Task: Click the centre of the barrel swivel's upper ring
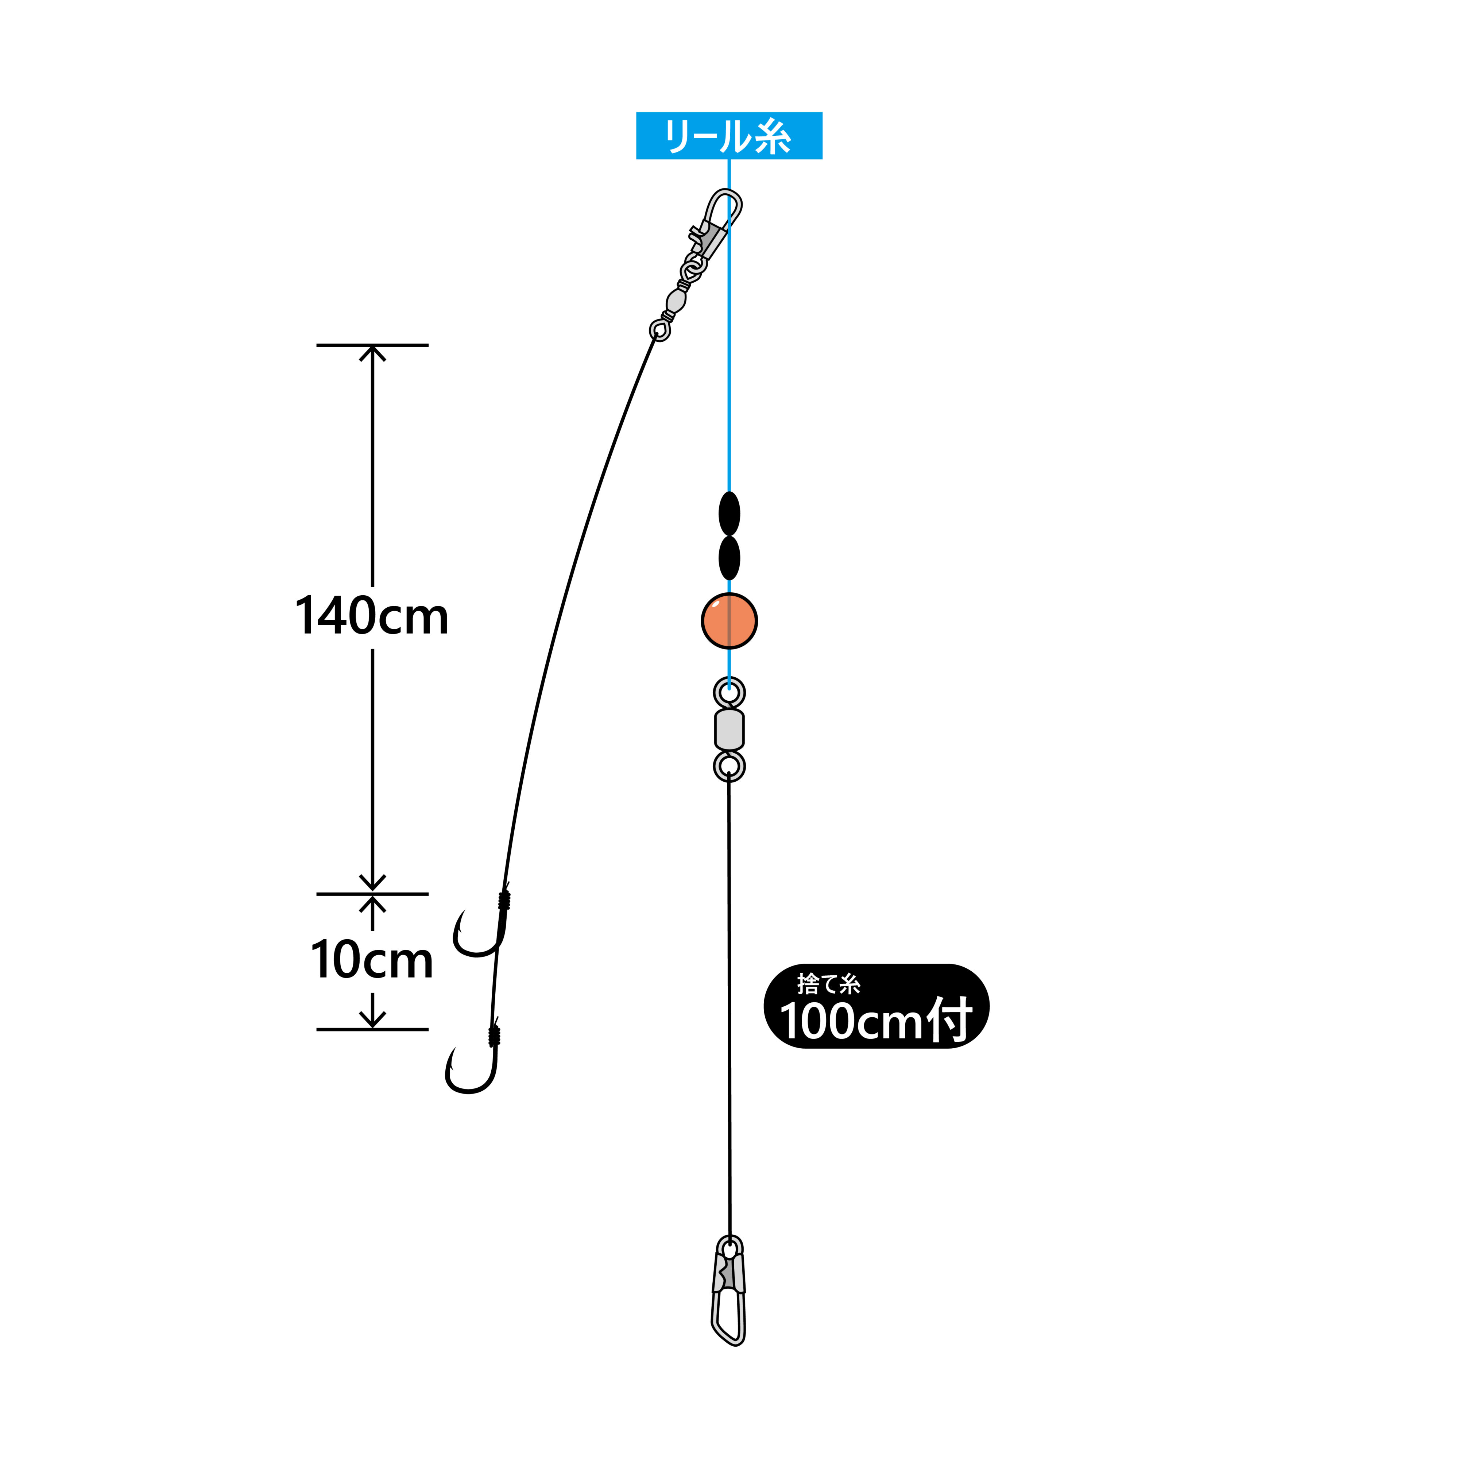tap(729, 691)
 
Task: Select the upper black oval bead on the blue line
tap(729, 514)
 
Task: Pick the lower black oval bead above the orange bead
tap(729, 558)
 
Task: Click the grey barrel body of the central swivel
tap(729, 729)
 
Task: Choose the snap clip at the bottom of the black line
tap(729, 1290)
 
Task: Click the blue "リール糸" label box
tap(729, 136)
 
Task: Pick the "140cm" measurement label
tap(372, 615)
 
